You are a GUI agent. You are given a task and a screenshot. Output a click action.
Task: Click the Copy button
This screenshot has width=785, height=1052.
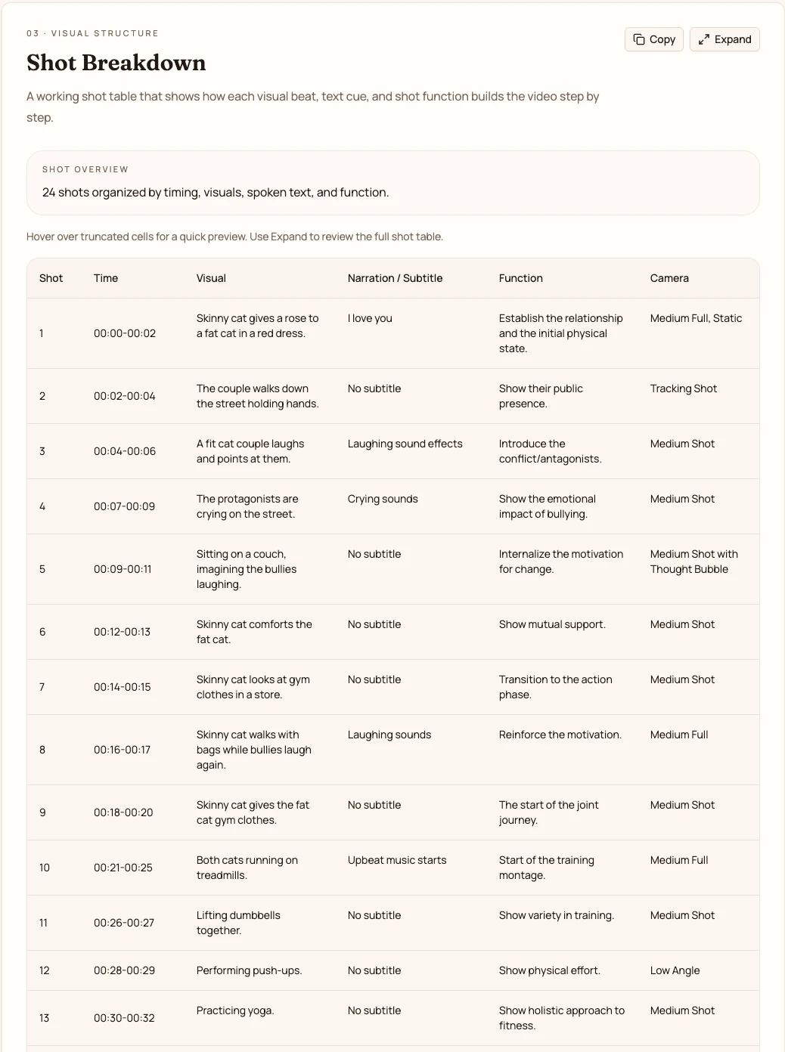(654, 39)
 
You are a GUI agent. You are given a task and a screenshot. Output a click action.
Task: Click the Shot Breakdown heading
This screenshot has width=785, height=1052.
(116, 63)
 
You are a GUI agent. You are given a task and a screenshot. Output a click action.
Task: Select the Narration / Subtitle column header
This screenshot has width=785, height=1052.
(395, 278)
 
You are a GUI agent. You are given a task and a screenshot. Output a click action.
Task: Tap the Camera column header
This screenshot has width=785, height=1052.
(669, 278)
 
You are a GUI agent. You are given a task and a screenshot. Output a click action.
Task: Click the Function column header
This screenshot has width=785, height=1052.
(520, 278)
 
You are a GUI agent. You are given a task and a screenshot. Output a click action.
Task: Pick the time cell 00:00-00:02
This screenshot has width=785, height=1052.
(125, 333)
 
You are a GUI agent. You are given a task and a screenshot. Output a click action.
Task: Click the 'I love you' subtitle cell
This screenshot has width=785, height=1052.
(370, 318)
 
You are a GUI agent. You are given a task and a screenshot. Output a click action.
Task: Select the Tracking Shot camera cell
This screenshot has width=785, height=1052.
(683, 388)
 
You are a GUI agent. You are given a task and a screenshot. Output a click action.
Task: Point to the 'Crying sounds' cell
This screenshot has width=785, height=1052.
(383, 499)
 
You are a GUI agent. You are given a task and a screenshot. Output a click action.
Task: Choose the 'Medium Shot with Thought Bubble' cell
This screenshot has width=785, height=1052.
(693, 562)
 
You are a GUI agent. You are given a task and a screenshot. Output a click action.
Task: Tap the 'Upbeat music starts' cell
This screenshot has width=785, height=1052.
(397, 860)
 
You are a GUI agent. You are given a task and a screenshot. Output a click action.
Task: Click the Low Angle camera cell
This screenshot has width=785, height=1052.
(675, 970)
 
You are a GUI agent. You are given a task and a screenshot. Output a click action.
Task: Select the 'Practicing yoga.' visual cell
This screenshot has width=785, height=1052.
(235, 1010)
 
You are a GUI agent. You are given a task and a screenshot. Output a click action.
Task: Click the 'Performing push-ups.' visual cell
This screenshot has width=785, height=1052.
(249, 970)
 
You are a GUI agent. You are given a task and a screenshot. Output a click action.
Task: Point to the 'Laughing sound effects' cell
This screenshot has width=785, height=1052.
(405, 444)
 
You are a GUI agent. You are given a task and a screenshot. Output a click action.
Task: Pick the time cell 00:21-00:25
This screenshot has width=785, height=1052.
(123, 868)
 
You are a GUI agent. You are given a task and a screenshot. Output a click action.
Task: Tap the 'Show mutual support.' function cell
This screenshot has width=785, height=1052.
(552, 624)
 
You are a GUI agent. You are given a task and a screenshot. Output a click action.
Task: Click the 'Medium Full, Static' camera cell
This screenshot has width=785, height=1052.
(696, 318)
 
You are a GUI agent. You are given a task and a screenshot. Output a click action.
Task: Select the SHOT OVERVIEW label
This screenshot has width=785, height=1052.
(85, 169)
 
